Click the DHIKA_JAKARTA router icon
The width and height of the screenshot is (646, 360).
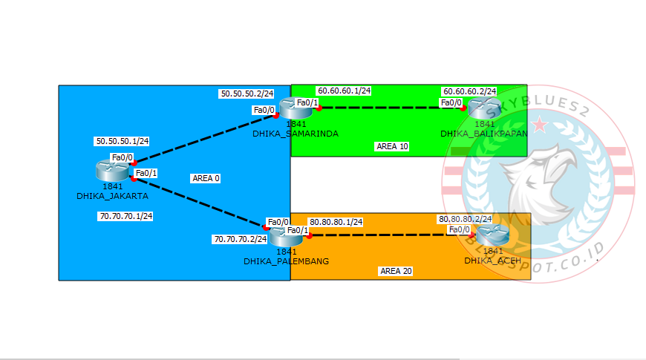tap(112, 171)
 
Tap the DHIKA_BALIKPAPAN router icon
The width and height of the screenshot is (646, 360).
tap(483, 108)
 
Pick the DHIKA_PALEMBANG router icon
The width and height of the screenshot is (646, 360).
tap(285, 237)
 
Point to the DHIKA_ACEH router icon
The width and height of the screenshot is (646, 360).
tap(492, 235)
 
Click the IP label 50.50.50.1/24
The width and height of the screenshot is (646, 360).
tap(122, 141)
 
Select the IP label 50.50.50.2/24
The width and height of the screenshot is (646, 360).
tap(247, 94)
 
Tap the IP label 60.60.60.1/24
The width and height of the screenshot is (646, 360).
tap(344, 91)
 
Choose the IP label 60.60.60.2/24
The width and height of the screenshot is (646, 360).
tap(469, 91)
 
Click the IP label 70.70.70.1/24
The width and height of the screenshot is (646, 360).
tap(125, 217)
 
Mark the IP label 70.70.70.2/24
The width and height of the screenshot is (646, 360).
tap(240, 240)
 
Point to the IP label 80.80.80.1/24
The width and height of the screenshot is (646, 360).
tap(336, 222)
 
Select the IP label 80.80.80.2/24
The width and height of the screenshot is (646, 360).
tap(465, 220)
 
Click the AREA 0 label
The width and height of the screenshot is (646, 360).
tap(206, 178)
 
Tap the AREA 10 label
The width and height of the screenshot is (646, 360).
tap(392, 146)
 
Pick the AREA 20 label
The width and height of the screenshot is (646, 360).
tap(396, 271)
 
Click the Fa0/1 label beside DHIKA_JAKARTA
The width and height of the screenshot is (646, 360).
tap(146, 174)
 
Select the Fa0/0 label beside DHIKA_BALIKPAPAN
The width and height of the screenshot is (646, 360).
tap(451, 103)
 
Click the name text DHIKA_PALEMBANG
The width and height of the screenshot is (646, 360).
tap(286, 261)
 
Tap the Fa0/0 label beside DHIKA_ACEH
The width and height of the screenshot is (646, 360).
tap(458, 230)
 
